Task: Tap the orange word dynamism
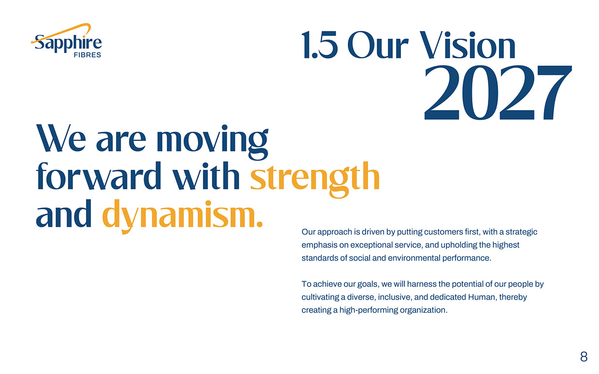coord(183,217)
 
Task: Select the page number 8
coord(584,357)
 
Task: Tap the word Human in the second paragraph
coord(480,297)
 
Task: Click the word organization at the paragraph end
coord(424,310)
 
